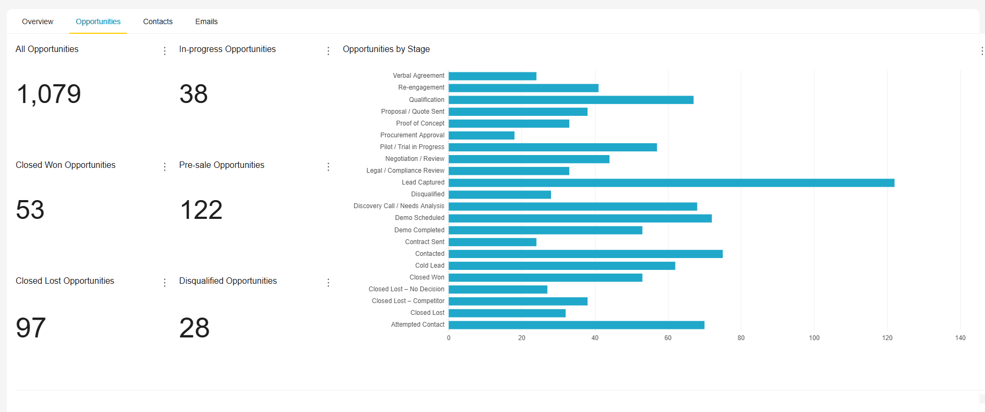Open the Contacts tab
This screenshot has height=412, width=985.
point(158,21)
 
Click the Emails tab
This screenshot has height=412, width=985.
point(206,21)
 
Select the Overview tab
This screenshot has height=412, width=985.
point(38,21)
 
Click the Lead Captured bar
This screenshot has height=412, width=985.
point(671,183)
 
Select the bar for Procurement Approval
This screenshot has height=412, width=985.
point(481,135)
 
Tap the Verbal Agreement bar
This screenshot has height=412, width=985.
point(492,76)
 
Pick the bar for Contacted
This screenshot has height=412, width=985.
point(585,254)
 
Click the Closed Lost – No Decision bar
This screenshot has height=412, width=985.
point(497,290)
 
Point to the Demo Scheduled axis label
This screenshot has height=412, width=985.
point(420,218)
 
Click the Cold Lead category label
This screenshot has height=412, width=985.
point(429,266)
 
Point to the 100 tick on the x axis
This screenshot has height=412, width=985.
point(814,338)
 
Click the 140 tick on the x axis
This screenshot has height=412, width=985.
point(960,338)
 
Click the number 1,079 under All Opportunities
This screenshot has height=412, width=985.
point(48,94)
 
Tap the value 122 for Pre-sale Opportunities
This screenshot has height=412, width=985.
point(201,210)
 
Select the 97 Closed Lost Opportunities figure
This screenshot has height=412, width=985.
point(31,328)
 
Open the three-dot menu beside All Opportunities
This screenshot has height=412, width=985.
point(165,51)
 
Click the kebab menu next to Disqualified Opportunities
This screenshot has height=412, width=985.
point(328,283)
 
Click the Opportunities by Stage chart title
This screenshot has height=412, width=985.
point(386,49)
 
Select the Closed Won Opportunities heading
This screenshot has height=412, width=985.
point(65,165)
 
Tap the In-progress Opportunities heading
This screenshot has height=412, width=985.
point(227,49)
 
